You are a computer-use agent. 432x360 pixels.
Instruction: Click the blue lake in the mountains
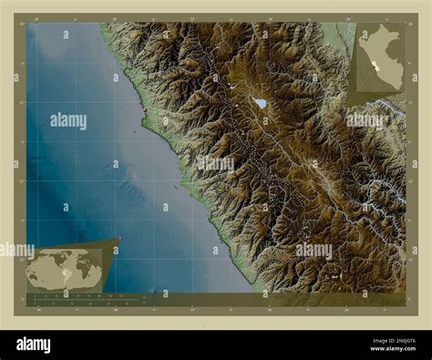coord(261,103)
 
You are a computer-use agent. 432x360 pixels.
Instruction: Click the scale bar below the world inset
coord(87,299)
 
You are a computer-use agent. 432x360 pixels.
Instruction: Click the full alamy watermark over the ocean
coord(68,120)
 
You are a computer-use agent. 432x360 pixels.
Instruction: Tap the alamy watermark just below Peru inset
coord(365,119)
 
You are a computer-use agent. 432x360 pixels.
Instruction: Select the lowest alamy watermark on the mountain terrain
coord(314,250)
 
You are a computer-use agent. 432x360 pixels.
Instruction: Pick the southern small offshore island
coord(175,189)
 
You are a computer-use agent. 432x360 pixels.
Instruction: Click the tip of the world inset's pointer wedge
coord(118,240)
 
